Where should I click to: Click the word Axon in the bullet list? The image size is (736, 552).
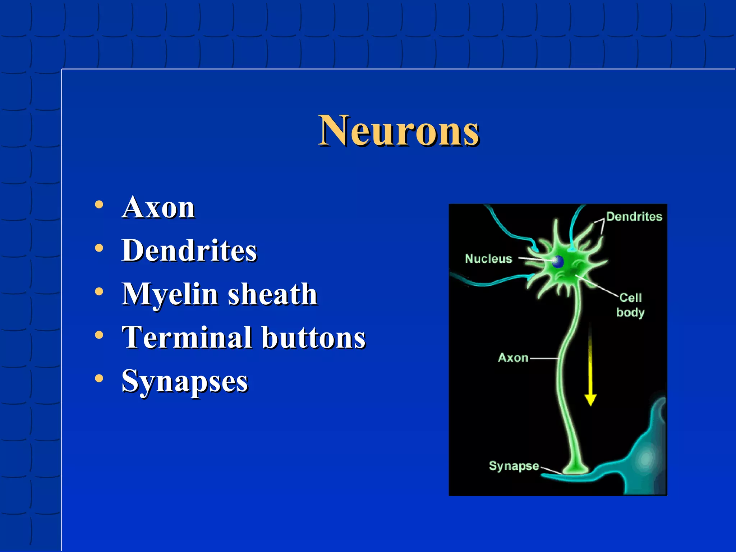[158, 207]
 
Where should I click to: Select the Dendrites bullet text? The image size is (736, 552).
[189, 250]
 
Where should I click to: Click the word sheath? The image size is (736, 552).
[273, 294]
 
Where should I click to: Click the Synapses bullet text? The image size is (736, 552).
[185, 381]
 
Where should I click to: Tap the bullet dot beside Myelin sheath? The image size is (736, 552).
[99, 291]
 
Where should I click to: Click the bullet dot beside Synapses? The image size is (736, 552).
[99, 378]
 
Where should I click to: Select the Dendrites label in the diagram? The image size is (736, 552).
[634, 216]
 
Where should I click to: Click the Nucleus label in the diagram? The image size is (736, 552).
[488, 259]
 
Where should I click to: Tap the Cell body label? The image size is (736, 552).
[630, 305]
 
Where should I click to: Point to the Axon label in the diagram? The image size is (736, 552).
[513, 358]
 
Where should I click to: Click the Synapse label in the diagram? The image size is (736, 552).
[514, 466]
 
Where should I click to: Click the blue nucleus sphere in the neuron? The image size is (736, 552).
[558, 262]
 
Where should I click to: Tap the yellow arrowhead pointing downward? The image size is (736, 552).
[590, 400]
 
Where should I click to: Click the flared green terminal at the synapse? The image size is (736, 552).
[575, 468]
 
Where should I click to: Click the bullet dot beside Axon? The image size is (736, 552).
[99, 205]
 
